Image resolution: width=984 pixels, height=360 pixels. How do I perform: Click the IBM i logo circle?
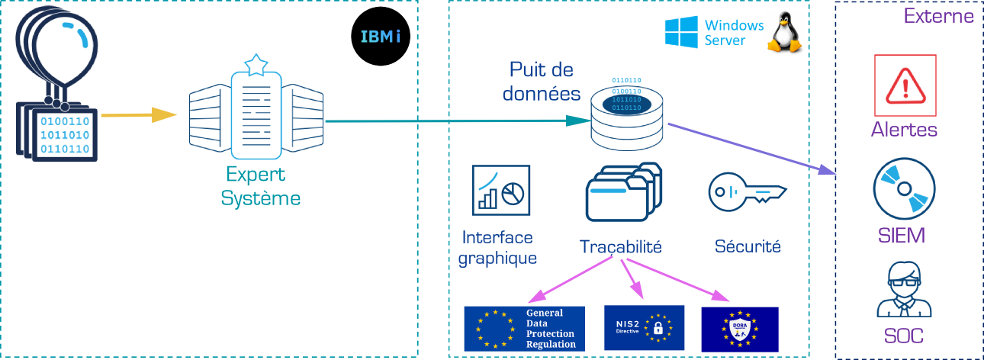click(x=381, y=36)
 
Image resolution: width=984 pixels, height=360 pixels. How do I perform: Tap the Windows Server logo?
click(x=714, y=34)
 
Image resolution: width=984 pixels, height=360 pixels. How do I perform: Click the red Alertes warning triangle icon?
click(x=905, y=81)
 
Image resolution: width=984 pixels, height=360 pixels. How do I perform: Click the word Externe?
click(x=938, y=16)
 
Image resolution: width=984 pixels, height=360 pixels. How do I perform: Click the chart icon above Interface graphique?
click(x=501, y=189)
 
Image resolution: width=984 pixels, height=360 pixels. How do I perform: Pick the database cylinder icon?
click(x=627, y=114)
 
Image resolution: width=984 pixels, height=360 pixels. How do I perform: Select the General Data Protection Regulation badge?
click(x=524, y=328)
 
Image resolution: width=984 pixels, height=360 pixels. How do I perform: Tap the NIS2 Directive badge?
click(x=644, y=327)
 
